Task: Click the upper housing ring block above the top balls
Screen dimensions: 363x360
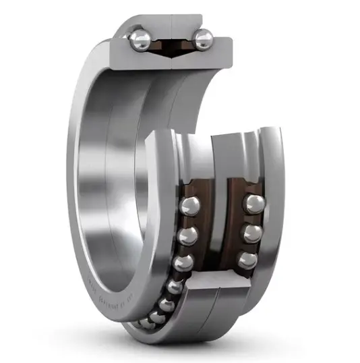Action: pos(172,26)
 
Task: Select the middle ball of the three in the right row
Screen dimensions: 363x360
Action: pos(251,232)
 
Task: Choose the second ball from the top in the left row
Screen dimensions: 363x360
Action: pos(189,235)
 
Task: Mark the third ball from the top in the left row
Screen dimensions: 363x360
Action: pos(184,262)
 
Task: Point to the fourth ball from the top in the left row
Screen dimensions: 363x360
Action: pos(175,286)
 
